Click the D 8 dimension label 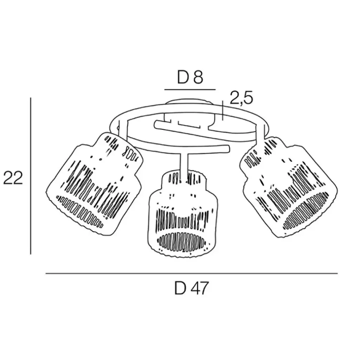190,77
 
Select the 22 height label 13,178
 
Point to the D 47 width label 191,288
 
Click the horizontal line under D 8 190,89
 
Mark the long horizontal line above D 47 192,274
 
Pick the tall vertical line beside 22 31,176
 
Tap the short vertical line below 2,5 223,110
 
